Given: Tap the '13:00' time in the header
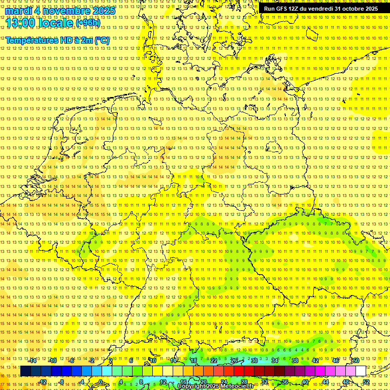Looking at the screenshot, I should tap(20, 22).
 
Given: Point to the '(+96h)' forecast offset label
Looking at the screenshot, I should tap(88, 22).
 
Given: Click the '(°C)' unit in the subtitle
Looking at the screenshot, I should tap(101, 40).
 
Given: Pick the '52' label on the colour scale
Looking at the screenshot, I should tap(366, 382).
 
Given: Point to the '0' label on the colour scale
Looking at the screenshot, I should tap(101, 382).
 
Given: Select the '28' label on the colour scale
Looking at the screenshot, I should tap(244, 382).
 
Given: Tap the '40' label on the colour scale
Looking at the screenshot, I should tap(305, 382).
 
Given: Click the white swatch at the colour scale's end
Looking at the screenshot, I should tap(361, 371).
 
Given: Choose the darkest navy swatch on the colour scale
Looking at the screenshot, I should tap(25, 371).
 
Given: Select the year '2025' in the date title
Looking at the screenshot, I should tap(104, 11).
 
